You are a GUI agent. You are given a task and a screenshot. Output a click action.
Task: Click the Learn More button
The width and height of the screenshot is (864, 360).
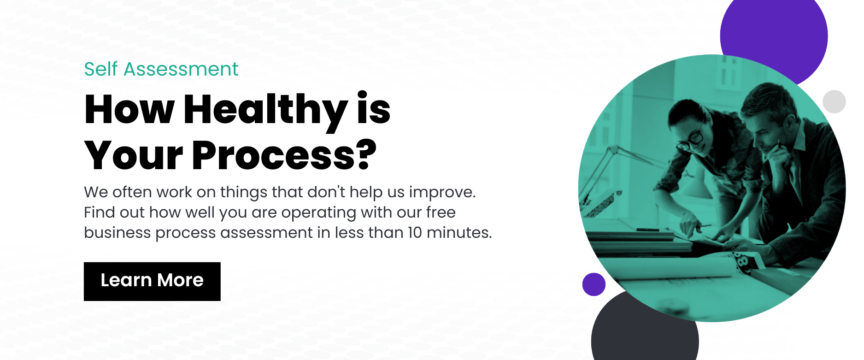point(152,282)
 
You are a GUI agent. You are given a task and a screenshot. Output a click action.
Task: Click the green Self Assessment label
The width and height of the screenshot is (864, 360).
point(161,69)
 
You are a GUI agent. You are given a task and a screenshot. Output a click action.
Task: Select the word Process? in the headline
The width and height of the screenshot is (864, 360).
point(284,155)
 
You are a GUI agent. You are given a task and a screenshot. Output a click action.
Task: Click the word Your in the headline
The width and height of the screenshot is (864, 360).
point(134,155)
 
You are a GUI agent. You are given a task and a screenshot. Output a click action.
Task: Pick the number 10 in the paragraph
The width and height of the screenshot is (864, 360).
point(415,232)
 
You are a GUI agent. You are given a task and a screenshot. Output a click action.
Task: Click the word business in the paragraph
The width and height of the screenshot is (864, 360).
point(117,232)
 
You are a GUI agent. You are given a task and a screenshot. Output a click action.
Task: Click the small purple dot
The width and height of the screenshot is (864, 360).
point(594,284)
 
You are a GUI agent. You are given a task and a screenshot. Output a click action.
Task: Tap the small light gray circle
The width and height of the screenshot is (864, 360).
point(834,102)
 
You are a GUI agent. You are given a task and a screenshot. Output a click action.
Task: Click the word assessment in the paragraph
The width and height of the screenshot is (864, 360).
point(266,232)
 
